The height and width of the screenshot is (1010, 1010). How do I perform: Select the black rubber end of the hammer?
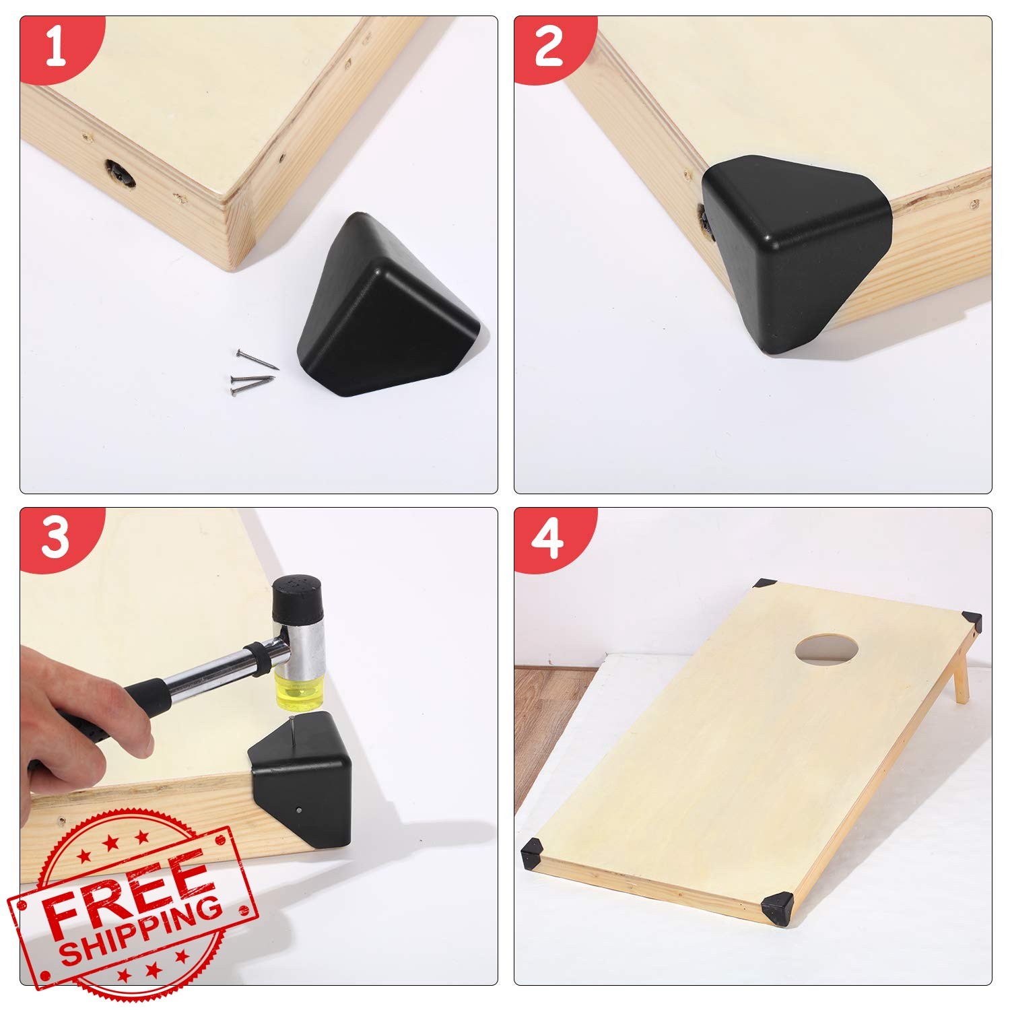pyautogui.click(x=299, y=599)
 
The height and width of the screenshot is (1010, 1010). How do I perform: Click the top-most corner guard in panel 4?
pyautogui.click(x=766, y=584)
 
